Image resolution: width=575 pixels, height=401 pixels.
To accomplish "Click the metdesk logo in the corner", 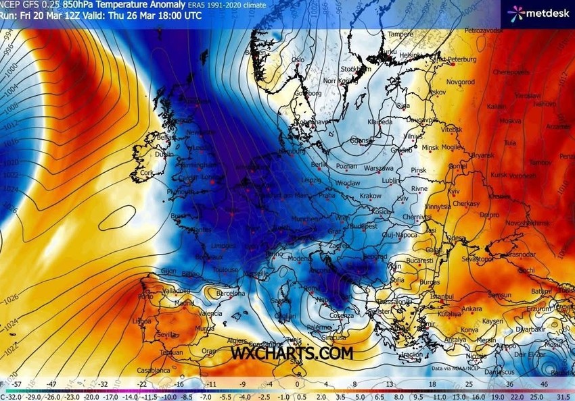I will [x=538, y=11].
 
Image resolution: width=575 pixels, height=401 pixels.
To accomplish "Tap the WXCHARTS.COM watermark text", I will [x=292, y=352].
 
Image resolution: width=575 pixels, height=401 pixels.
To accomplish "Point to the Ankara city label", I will [x=471, y=309].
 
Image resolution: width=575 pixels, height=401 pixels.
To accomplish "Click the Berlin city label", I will [x=319, y=164].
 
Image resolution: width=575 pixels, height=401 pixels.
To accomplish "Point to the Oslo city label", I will [x=298, y=59].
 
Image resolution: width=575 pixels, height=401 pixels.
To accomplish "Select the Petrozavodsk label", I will [x=484, y=31].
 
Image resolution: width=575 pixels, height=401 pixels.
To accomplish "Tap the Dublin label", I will [x=164, y=154].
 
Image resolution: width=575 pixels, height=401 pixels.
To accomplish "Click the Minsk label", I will [x=430, y=147].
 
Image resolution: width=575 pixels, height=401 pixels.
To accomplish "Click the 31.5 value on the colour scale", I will [x=563, y=396].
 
